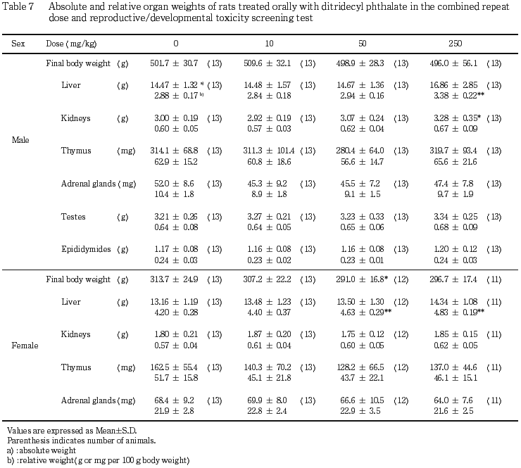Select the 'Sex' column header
pyautogui.click(x=18, y=44)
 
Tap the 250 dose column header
pyautogui.click(x=455, y=44)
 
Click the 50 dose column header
pyautogui.click(x=362, y=44)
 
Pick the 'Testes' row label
pyautogui.click(x=73, y=217)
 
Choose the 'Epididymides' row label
pyautogui.click(x=84, y=249)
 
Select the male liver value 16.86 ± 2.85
pyautogui.click(x=454, y=85)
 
